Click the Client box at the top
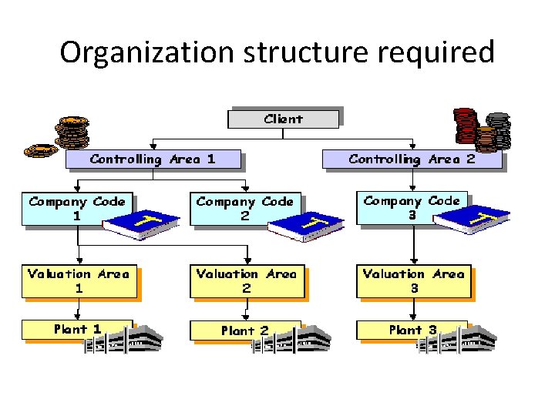coord(283,119)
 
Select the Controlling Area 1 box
coord(153,159)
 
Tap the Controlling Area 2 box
coord(412,159)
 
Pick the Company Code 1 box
coord(76,209)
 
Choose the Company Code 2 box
coord(244,209)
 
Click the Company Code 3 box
coord(412,208)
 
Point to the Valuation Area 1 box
coord(78,281)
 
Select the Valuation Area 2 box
coord(246,281)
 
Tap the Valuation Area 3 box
coord(413,281)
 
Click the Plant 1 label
coord(77,329)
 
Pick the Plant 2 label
coord(244,330)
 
